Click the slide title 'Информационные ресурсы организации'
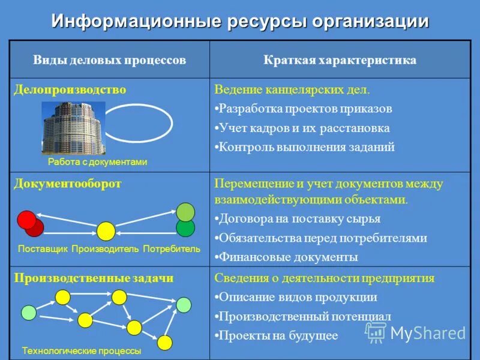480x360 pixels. tap(240, 21)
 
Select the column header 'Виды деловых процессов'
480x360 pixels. tap(109, 61)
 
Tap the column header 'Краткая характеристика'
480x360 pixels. tap(340, 61)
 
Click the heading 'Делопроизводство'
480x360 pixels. tap(70, 89)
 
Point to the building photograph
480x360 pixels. tap(73, 128)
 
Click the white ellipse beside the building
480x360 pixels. tap(139, 123)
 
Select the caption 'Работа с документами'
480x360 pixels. tap(97, 162)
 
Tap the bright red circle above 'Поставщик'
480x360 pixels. tap(26, 220)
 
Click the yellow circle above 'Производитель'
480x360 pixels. tap(106, 231)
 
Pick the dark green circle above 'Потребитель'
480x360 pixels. tap(185, 227)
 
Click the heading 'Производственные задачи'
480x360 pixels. tap(94, 278)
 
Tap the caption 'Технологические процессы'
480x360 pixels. tap(82, 350)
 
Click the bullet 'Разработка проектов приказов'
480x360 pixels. tap(305, 109)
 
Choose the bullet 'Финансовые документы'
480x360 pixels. tap(288, 257)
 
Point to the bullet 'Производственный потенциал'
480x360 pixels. tap(305, 316)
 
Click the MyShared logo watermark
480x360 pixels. tap(416, 333)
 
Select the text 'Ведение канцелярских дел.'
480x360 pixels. tap(292, 90)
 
